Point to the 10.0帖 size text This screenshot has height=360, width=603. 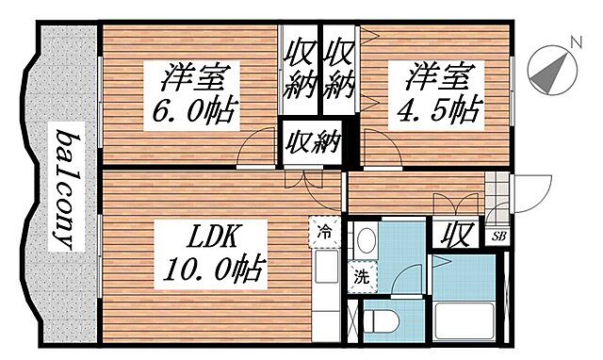click(213, 271)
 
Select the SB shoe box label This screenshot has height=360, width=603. click(497, 237)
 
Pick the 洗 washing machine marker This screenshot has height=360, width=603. click(362, 277)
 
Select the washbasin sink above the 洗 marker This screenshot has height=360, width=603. click(366, 241)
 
